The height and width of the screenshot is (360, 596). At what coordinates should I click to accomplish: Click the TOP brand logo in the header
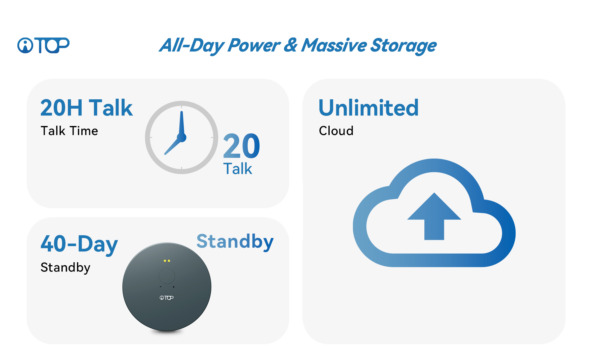(x=43, y=45)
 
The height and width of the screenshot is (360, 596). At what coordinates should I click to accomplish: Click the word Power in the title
(x=254, y=45)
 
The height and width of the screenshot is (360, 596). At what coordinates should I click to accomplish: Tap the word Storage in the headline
(x=404, y=46)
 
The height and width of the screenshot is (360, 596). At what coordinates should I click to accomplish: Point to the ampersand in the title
(x=291, y=45)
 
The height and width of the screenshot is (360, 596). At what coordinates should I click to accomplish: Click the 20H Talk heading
(x=87, y=108)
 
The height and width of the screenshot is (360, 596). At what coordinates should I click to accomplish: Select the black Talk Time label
(x=69, y=131)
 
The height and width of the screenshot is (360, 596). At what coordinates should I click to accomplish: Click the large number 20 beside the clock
(x=242, y=146)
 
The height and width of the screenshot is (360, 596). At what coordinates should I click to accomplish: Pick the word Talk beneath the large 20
(x=237, y=169)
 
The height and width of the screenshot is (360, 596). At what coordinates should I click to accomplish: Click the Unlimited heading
(x=369, y=108)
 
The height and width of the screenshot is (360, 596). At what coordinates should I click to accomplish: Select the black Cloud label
(x=336, y=131)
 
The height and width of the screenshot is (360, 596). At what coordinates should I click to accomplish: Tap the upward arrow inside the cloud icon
(x=434, y=216)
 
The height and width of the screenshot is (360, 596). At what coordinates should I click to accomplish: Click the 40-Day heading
(x=79, y=245)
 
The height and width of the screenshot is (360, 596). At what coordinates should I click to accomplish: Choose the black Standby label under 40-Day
(x=65, y=268)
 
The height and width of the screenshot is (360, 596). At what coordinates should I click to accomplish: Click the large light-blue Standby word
(x=235, y=242)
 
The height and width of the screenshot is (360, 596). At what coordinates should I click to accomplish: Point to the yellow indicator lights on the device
(x=167, y=261)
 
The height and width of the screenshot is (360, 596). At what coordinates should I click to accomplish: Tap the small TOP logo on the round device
(x=167, y=298)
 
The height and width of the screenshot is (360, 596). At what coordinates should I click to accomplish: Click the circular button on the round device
(x=167, y=276)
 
